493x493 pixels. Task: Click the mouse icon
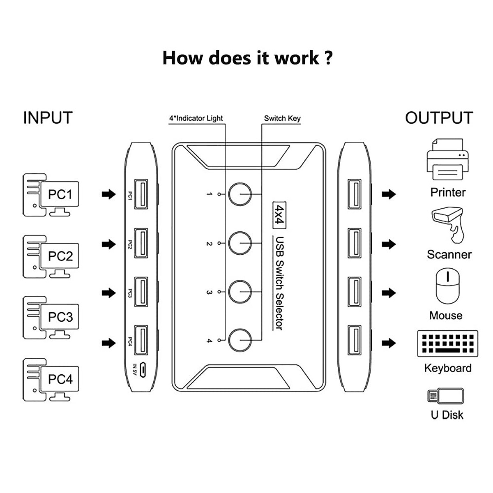coord(447,286)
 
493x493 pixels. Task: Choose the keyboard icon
coord(447,343)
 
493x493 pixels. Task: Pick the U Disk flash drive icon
coord(446,396)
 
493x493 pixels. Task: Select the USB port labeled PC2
coord(142,244)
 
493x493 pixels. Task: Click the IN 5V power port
coord(142,370)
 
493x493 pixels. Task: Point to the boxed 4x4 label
coord(279,214)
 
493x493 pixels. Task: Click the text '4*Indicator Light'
coord(196,118)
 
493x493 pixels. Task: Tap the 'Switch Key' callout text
coord(282,118)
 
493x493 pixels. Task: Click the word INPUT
coord(48,118)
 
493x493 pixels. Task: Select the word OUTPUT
coord(439,118)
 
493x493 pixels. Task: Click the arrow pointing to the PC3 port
coord(109,293)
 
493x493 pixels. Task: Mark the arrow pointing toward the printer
coord(389,194)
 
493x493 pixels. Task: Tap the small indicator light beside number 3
coord(220,292)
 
